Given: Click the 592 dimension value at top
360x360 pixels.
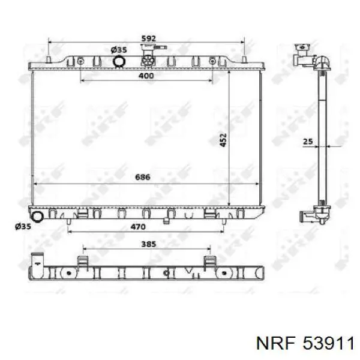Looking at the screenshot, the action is tap(149, 38).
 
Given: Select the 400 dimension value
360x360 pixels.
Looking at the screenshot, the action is tap(146, 76).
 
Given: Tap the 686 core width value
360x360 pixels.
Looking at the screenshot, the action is tap(143, 177).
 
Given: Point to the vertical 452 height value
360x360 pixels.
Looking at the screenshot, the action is tap(223, 140).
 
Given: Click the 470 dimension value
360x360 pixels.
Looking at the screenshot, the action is tap(138, 227).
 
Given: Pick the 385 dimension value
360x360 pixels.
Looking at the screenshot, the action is tap(149, 244).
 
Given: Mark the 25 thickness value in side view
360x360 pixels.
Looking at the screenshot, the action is tap(308, 142).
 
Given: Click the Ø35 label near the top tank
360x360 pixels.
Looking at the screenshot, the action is tap(119, 50).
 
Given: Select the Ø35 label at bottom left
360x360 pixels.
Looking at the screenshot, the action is tap(23, 227).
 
